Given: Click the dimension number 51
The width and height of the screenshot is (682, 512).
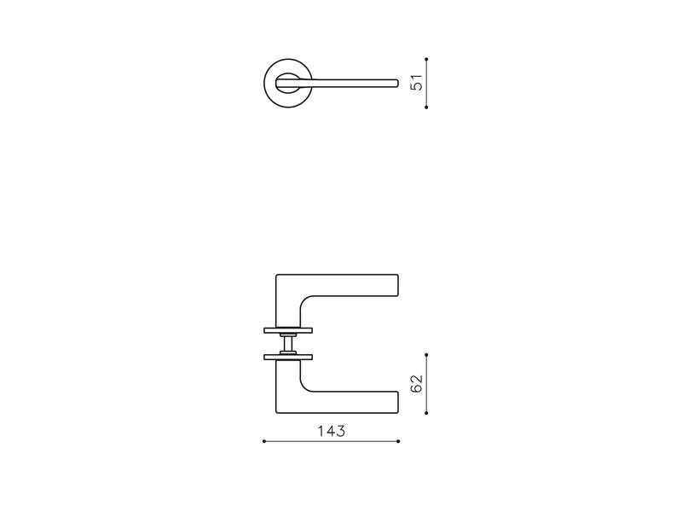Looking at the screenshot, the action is [x=417, y=82].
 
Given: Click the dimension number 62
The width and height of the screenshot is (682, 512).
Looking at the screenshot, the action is [x=417, y=383].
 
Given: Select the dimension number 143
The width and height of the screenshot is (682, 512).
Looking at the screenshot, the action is [x=332, y=431].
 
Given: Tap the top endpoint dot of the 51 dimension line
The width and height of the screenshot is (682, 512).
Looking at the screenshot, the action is [x=426, y=59].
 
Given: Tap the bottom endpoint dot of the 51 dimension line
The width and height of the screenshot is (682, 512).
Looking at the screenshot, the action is [x=426, y=108].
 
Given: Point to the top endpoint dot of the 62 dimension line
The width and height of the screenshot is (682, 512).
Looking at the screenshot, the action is [x=426, y=354].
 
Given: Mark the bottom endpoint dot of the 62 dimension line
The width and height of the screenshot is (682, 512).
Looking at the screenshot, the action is [x=426, y=413].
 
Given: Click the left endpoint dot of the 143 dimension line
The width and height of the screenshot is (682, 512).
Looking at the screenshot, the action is [x=264, y=441].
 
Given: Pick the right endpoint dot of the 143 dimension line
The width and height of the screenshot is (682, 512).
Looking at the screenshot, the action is [x=398, y=441].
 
